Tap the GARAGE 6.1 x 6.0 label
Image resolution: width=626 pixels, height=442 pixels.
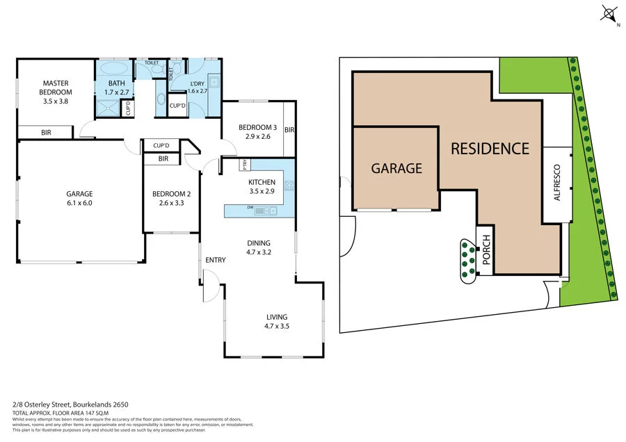[80, 198]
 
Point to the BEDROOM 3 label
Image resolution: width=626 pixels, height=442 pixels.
[258, 131]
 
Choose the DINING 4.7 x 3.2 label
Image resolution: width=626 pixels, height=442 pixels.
[259, 247]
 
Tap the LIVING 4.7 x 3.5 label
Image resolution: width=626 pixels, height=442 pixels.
[276, 321]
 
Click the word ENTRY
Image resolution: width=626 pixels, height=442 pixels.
[216, 261]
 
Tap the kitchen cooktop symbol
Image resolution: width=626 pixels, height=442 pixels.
[289, 186]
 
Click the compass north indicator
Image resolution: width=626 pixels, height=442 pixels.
[610, 14]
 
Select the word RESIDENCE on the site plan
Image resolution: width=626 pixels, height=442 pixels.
[490, 148]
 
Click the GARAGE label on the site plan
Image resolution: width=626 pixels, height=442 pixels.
[396, 168]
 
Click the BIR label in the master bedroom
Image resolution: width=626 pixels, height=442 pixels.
[46, 132]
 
